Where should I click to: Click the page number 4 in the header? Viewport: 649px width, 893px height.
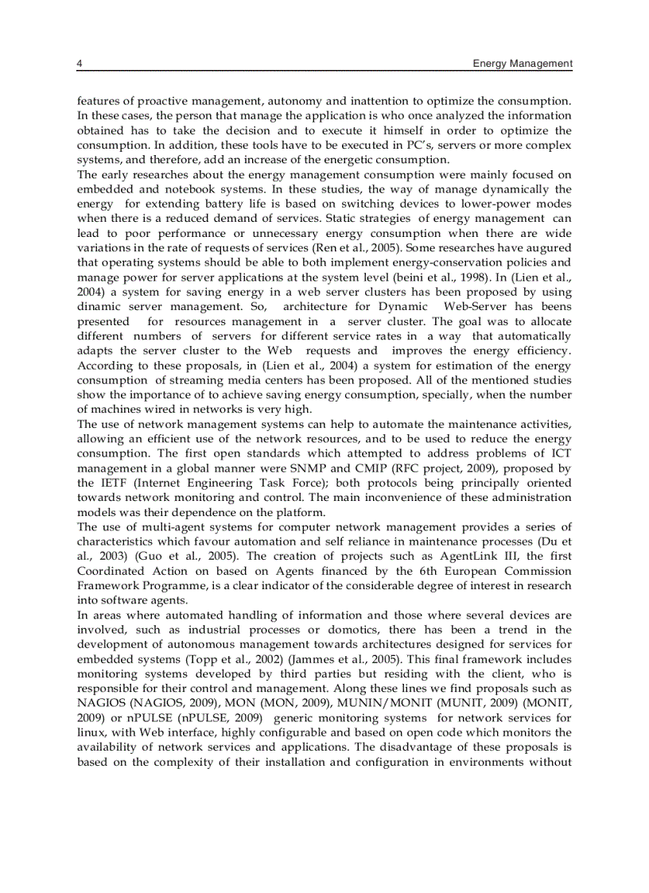[80, 64]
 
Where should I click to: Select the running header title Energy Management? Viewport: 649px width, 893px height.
[522, 64]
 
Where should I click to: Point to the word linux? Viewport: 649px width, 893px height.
[91, 732]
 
